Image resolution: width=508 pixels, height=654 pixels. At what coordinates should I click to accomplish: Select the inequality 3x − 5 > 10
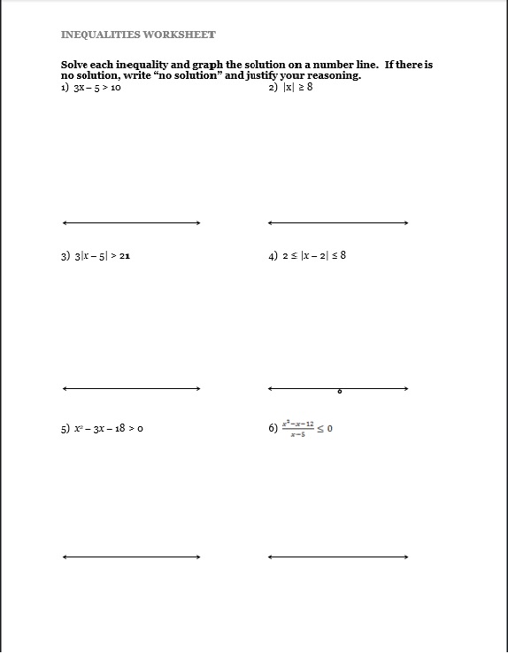pyautogui.click(x=97, y=87)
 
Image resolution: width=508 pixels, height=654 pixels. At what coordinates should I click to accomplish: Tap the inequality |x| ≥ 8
pyautogui.click(x=297, y=87)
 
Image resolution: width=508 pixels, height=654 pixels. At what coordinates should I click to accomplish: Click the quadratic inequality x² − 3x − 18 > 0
pyautogui.click(x=109, y=429)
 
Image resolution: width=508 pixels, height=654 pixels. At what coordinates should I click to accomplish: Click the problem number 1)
pyautogui.click(x=65, y=87)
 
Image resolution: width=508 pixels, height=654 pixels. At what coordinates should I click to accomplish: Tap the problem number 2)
pyautogui.click(x=273, y=87)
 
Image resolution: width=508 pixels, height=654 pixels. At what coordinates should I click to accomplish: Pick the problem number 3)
pyautogui.click(x=65, y=256)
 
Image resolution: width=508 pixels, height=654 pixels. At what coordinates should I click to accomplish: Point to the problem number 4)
pyautogui.click(x=273, y=256)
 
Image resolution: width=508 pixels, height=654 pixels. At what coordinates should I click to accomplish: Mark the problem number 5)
pyautogui.click(x=65, y=429)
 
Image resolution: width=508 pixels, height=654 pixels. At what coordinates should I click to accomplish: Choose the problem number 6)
pyautogui.click(x=273, y=429)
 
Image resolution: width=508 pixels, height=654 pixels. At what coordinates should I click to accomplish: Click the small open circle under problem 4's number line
pyautogui.click(x=339, y=391)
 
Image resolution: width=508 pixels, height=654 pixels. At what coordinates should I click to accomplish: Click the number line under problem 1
pyautogui.click(x=132, y=222)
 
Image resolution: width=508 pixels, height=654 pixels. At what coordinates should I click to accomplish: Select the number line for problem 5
pyautogui.click(x=132, y=557)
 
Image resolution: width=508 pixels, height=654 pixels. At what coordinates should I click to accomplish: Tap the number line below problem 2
pyautogui.click(x=338, y=222)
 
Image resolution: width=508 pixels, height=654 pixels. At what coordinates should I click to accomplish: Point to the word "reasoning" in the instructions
pyautogui.click(x=331, y=76)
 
